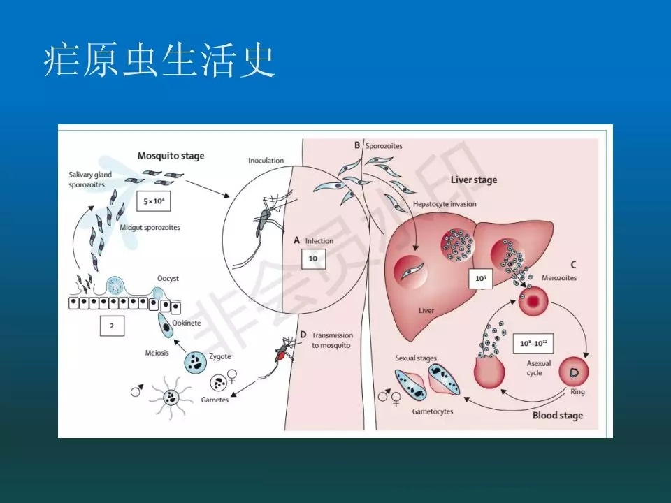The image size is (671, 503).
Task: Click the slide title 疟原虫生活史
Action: [159, 62]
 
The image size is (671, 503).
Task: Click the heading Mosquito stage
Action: [171, 156]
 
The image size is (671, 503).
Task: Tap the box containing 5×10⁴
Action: [154, 201]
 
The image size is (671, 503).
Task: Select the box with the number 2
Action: [112, 326]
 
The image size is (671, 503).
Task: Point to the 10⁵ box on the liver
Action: [481, 279]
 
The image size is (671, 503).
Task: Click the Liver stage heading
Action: [474, 180]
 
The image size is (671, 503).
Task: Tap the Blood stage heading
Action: [557, 416]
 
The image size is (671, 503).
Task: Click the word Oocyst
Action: [168, 278]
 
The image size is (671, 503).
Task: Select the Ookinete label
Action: [188, 323]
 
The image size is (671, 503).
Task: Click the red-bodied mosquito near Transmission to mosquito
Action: [283, 351]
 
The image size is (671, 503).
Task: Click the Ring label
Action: [577, 392]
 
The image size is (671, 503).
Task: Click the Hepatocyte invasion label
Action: [445, 204]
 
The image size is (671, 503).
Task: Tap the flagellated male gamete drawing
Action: [170, 398]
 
